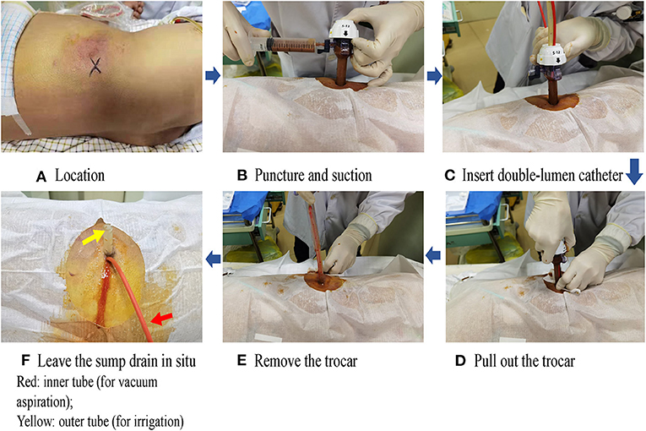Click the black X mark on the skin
coord(95,66)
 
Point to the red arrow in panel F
coord(161,319)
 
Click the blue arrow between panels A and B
coord(213,76)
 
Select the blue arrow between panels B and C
coord(435,76)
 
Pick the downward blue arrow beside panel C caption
coord(634,171)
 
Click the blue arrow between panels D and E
coord(432,255)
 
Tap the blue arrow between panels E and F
coord(213,259)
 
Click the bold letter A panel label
coord(41,177)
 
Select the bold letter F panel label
coord(25,361)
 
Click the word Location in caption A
coord(80,175)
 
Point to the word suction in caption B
coord(350,175)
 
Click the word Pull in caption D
coord(486,361)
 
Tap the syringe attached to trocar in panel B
coord(289,45)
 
